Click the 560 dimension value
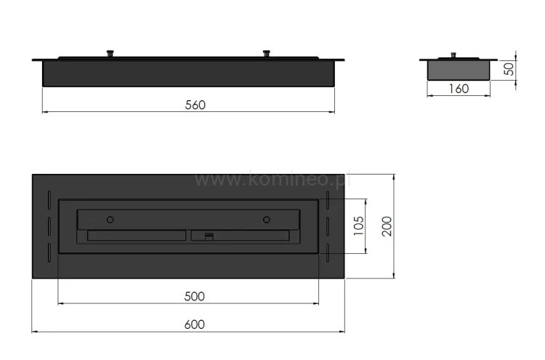195,105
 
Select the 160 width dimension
459,89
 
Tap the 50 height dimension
509,69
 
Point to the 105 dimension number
359,225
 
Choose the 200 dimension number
387,226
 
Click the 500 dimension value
194,296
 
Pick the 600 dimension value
194,324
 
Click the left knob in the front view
110,54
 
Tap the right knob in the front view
266,54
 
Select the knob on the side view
453,55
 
